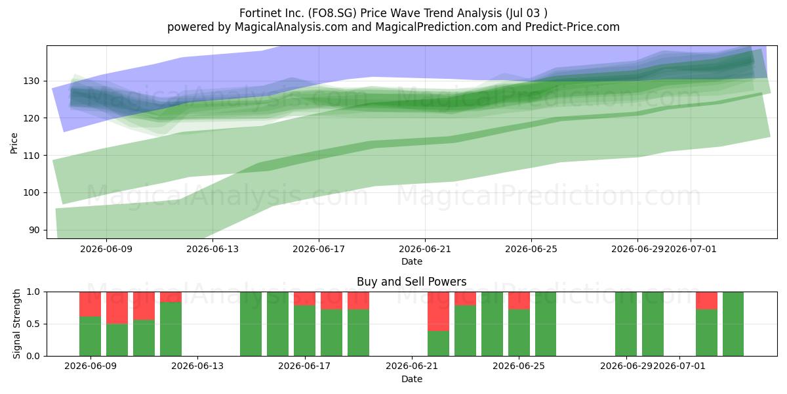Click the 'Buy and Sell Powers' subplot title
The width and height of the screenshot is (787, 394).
click(411, 282)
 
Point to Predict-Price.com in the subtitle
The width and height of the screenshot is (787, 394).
click(573, 27)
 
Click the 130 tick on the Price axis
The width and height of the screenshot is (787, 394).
click(31, 81)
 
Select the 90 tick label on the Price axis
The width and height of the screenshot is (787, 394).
click(34, 230)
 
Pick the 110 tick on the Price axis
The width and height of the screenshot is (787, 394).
click(31, 156)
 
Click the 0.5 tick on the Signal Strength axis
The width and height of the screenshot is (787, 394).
click(33, 324)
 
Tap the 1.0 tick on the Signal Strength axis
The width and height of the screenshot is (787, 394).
click(33, 292)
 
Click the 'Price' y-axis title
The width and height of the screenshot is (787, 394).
click(14, 143)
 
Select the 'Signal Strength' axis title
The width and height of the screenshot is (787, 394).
click(16, 324)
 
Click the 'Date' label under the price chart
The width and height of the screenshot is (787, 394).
click(412, 261)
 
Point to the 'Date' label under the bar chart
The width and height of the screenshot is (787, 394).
click(412, 379)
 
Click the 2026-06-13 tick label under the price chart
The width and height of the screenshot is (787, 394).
click(212, 249)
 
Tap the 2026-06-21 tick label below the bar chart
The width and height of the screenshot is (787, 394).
click(412, 366)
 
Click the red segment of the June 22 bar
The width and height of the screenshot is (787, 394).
click(438, 311)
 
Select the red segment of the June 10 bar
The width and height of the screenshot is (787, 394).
click(117, 308)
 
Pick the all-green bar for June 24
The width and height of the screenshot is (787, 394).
click(492, 324)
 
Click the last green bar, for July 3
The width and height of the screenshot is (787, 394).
click(733, 324)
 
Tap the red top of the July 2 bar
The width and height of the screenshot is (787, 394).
click(706, 301)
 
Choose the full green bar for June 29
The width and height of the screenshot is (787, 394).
click(626, 324)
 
